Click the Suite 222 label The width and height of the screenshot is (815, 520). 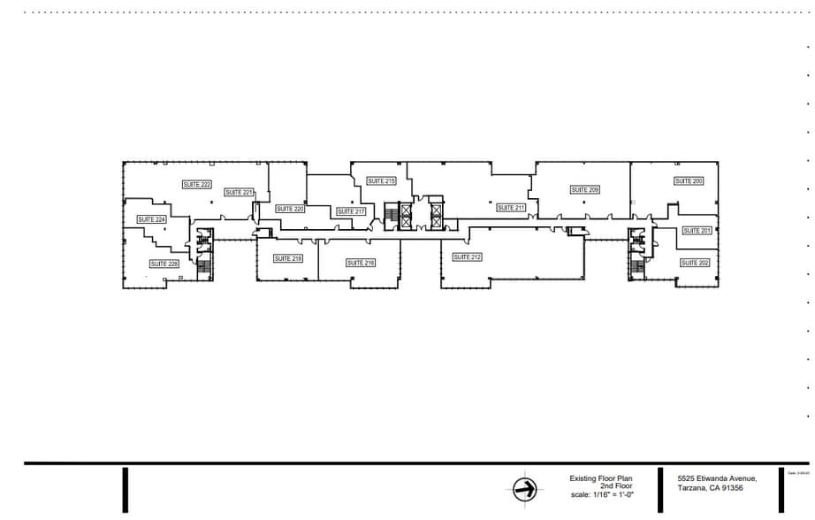[197, 185]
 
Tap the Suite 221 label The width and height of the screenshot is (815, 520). [239, 193]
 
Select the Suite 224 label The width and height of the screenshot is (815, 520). [152, 219]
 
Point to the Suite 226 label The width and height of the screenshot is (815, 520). [164, 264]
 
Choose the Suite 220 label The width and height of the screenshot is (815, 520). [290, 210]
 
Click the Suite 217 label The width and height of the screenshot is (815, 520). [351, 212]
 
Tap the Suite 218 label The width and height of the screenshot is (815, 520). [288, 259]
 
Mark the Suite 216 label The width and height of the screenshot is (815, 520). [361, 263]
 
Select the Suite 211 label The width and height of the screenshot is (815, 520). [511, 208]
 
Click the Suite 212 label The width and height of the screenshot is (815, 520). [467, 257]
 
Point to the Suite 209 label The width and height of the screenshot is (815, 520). [585, 190]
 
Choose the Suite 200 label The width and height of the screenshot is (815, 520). [689, 181]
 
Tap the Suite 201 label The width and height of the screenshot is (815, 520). [697, 231]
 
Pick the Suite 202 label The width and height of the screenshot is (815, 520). [695, 263]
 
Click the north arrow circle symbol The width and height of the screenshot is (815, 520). [525, 489]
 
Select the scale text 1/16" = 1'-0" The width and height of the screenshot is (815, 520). [603, 494]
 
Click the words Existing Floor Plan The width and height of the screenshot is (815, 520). [601, 478]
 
